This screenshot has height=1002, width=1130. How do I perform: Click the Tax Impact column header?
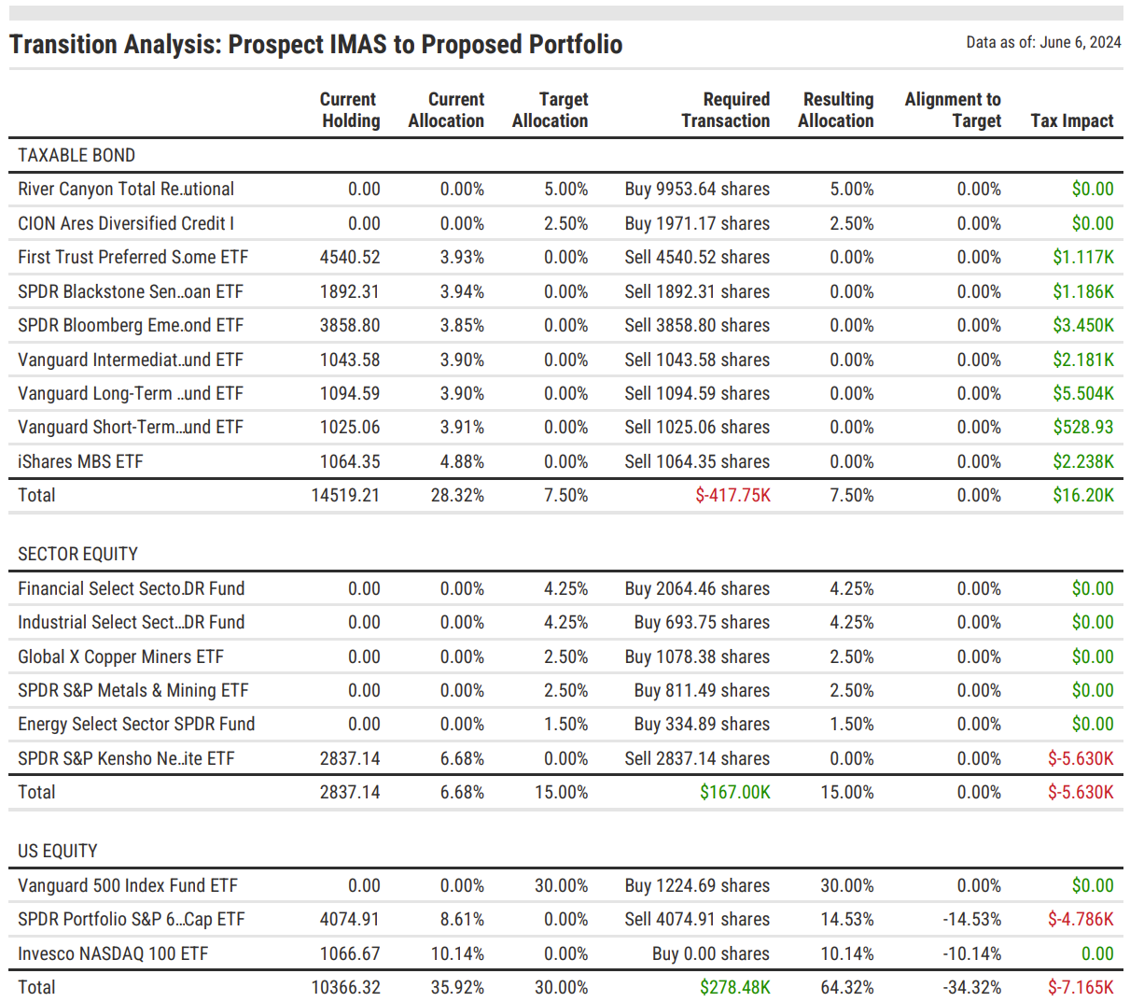pos(1071,120)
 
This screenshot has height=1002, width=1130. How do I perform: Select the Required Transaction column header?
pos(725,110)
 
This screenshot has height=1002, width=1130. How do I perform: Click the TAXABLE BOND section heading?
pos(77,155)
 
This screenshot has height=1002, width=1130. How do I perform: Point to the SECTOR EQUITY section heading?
pos(77,554)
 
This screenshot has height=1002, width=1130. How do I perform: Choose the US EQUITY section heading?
pos(58,851)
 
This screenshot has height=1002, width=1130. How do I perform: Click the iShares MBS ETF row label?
pos(80,461)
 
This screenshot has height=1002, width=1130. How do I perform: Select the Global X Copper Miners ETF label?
pos(120,656)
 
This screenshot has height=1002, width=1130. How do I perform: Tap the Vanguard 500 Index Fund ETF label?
pos(128,885)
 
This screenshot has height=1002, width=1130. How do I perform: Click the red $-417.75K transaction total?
pos(732,495)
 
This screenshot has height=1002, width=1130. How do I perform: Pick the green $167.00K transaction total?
pos(734,792)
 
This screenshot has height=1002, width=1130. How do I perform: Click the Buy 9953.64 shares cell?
pos(697,189)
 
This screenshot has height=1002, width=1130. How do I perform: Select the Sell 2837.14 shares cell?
pos(697,758)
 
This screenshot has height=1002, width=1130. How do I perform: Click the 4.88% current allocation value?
pos(462,461)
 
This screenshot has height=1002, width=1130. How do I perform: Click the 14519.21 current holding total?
pos(345,495)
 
